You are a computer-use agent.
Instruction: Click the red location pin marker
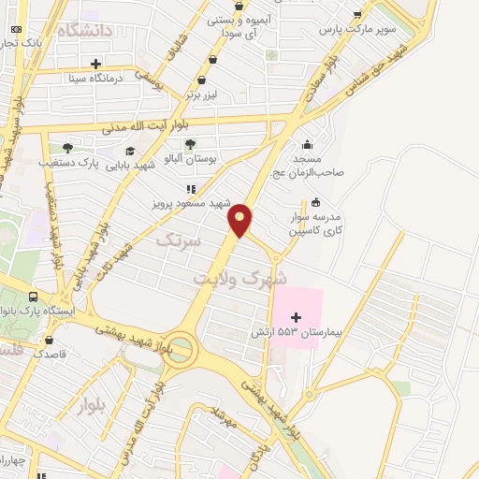[241, 220]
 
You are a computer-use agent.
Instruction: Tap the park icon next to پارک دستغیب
[66, 148]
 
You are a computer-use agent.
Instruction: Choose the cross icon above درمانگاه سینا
[96, 64]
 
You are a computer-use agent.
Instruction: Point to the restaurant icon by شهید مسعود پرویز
[191, 188]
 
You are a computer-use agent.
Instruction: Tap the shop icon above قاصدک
[49, 341]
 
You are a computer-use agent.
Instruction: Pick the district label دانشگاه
[84, 31]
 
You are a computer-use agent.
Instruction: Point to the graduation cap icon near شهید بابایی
[129, 152]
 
